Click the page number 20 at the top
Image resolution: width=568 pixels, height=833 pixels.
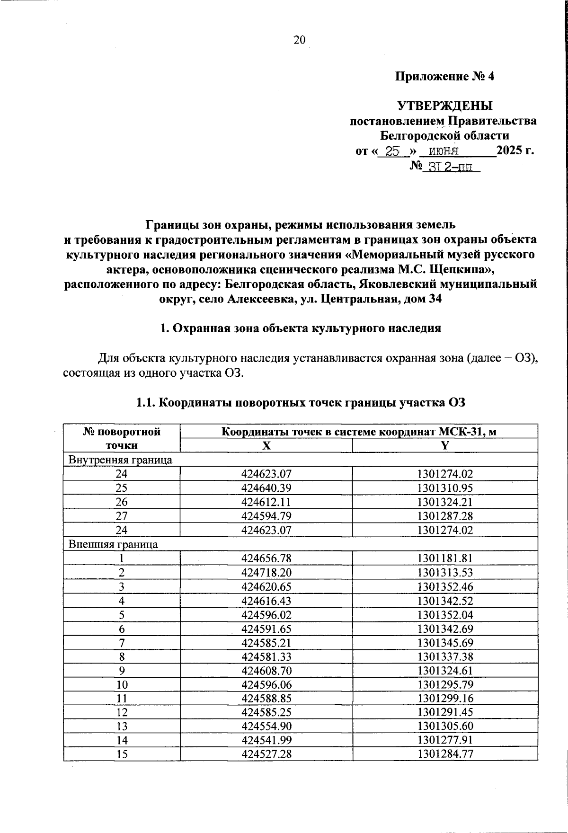[300, 40]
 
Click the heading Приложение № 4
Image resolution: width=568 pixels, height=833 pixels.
[444, 76]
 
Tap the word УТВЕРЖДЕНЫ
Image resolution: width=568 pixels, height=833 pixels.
[444, 105]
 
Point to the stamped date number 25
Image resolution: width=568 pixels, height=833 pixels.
[392, 151]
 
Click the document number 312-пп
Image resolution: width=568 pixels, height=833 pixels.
[449, 167]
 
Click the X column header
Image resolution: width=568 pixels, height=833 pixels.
[266, 445]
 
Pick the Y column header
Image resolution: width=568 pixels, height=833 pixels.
[445, 445]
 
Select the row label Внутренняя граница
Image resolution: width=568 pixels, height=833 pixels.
[120, 460]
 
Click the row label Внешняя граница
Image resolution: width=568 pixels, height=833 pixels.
[113, 544]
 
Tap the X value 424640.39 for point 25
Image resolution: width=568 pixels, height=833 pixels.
[266, 488]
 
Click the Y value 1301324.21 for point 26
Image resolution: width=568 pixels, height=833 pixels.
[445, 502]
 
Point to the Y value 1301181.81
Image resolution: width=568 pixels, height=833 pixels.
[445, 558]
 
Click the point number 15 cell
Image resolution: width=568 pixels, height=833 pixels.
[122, 754]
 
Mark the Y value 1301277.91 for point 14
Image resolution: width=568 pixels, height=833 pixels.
[445, 740]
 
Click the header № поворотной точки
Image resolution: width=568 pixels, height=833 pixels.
[122, 438]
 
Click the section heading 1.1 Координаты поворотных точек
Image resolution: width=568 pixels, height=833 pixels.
[301, 403]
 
